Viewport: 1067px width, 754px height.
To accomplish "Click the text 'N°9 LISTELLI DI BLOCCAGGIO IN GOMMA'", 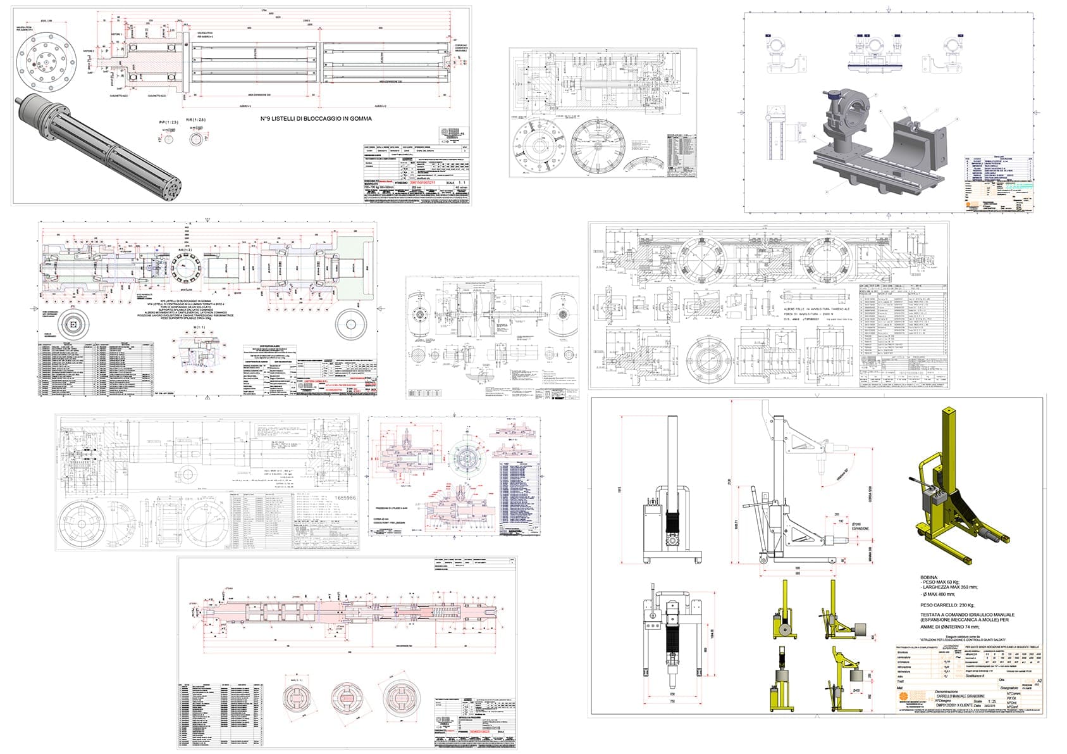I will coord(316,118).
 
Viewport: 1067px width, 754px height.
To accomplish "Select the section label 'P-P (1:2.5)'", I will coord(168,122).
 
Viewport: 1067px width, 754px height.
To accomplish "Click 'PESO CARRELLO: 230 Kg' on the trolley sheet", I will coord(949,605).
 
